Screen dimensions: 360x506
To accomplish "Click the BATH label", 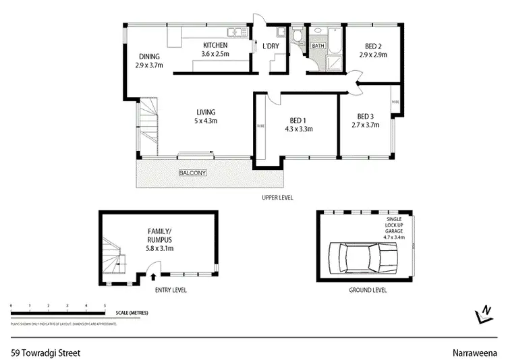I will (317, 47).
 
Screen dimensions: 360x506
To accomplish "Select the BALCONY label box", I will (192, 173).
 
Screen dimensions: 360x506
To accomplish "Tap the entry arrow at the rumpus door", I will (154, 275).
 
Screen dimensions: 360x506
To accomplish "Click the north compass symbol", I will (484, 313).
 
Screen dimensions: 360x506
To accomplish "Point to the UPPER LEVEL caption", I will (278, 198).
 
